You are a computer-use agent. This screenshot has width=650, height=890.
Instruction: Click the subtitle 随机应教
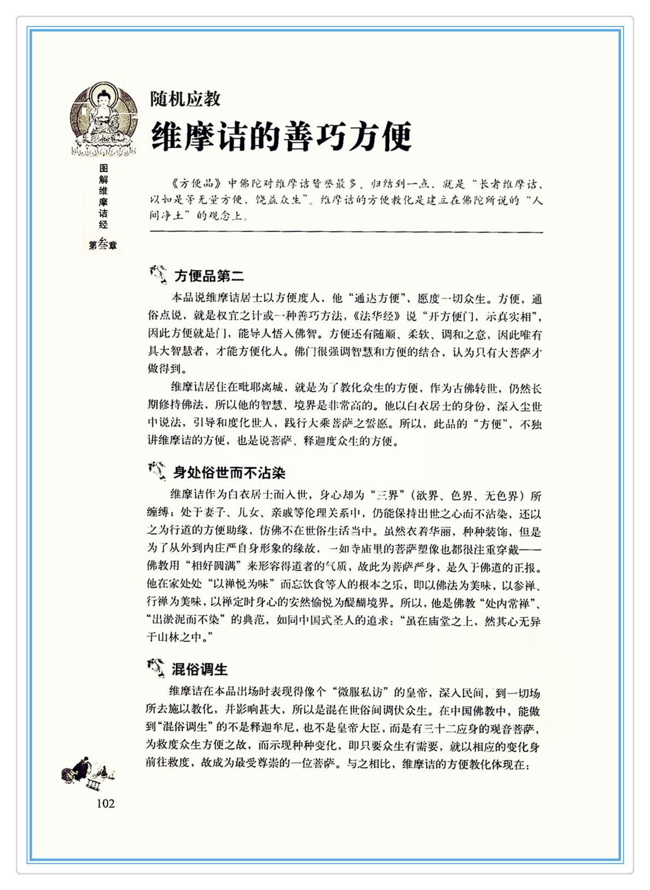click(185, 99)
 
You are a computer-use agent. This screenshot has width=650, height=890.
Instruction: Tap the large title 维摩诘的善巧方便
click(281, 136)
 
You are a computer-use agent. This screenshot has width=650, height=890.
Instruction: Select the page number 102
click(106, 804)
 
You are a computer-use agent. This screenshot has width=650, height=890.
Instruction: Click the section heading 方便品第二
click(210, 276)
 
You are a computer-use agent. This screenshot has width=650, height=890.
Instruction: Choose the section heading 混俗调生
click(200, 669)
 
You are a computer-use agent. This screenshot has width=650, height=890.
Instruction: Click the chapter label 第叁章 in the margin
click(103, 246)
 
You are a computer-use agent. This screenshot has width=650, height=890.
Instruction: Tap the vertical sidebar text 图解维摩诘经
click(103, 196)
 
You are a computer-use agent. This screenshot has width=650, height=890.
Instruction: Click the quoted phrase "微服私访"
click(361, 692)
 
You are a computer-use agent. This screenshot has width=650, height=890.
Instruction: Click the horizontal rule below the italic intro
click(346, 233)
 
